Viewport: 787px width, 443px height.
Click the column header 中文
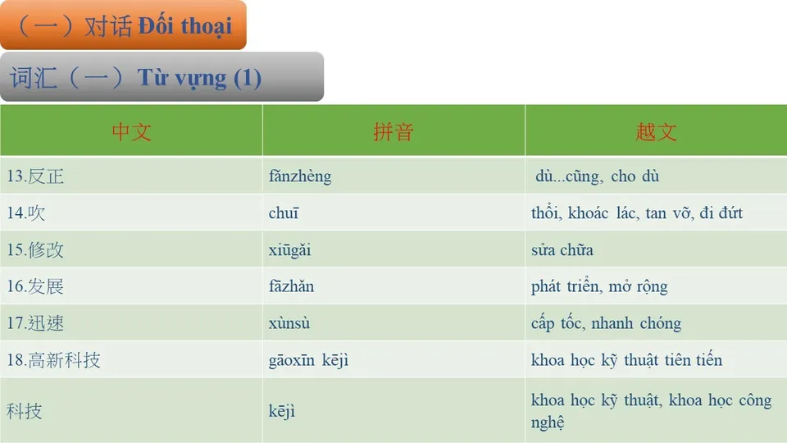click(131, 131)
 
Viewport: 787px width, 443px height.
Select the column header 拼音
click(393, 131)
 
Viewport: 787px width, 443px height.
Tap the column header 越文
click(656, 131)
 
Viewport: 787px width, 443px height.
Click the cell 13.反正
click(35, 176)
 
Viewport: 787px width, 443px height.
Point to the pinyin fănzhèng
click(300, 176)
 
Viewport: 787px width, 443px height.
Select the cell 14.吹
click(26, 213)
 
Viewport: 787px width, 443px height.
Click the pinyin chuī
click(284, 213)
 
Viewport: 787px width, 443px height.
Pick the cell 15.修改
click(35, 250)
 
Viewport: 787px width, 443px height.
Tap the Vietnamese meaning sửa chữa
click(562, 250)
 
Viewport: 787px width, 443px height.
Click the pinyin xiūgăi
click(290, 250)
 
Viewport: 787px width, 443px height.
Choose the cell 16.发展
click(35, 287)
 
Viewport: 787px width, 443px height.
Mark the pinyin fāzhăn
click(291, 287)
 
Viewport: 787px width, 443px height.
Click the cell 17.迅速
click(35, 323)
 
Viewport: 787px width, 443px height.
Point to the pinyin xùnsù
click(289, 323)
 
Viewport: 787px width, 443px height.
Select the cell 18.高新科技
click(53, 360)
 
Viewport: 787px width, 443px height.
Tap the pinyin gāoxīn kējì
click(308, 360)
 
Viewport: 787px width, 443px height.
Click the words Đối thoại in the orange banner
click(185, 25)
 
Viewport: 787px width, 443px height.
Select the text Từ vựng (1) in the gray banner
click(199, 78)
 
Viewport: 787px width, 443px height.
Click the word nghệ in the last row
click(548, 423)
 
